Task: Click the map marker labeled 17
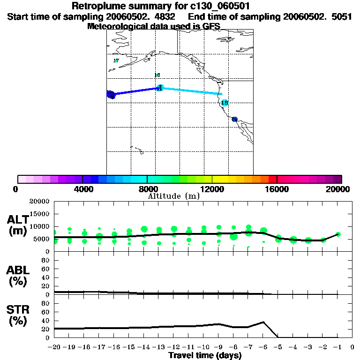point(116,61)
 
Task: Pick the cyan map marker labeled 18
point(225,103)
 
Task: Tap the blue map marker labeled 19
point(234,120)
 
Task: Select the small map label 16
point(157,75)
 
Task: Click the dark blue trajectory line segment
point(136,91)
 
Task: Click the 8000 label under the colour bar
point(147,189)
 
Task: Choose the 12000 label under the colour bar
point(212,189)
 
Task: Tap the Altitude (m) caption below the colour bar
point(173,196)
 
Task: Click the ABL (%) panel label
point(18,276)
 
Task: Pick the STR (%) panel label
point(18,315)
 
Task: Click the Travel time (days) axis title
point(205,355)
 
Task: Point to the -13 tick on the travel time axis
point(159,347)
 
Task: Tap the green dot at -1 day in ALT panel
point(338,234)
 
